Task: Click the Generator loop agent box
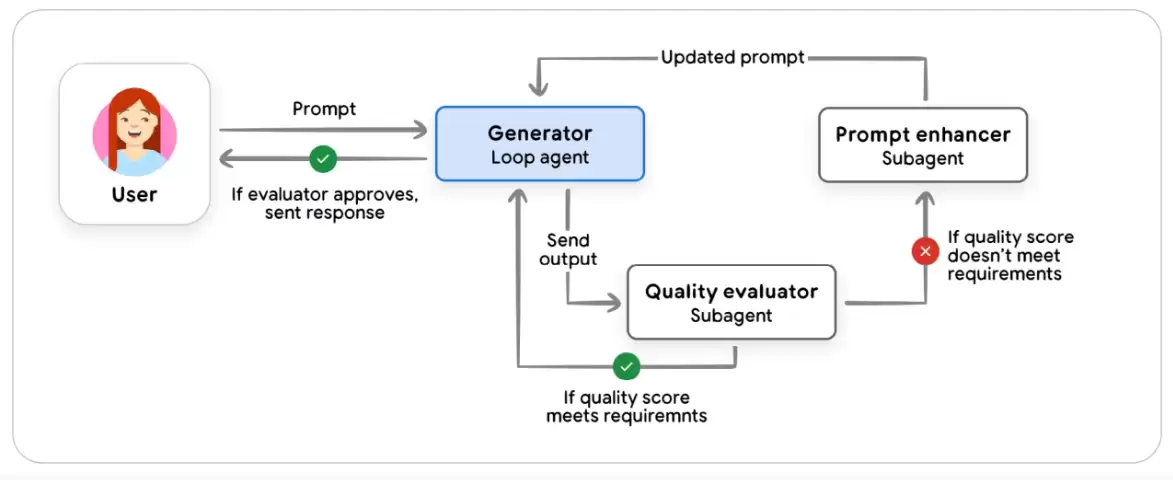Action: point(539,144)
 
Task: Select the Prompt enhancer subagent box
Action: point(923,145)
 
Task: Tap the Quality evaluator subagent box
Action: point(731,302)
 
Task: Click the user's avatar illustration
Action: point(135,130)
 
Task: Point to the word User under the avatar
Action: point(135,195)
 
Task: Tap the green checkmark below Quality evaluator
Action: point(626,366)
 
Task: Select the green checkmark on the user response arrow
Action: point(323,159)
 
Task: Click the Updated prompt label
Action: point(732,57)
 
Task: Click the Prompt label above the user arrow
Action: point(324,108)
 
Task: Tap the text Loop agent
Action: point(539,158)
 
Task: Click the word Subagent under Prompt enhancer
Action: point(923,159)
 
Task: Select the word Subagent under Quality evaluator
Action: point(731,316)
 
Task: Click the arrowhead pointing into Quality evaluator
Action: point(613,303)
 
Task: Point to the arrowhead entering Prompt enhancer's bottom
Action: point(925,199)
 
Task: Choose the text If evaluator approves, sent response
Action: point(325,204)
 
